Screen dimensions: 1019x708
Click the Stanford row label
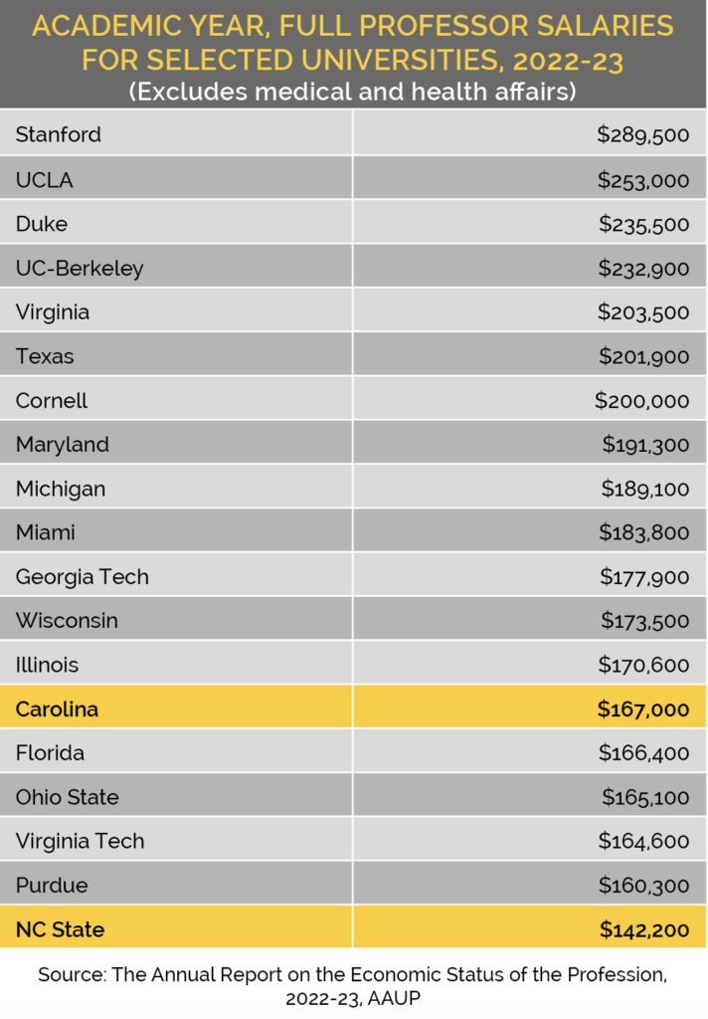(x=59, y=134)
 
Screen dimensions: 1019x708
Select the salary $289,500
(x=642, y=134)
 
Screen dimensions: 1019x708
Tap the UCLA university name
(x=45, y=180)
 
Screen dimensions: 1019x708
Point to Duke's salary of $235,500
(x=643, y=224)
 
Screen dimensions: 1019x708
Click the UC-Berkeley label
(x=80, y=268)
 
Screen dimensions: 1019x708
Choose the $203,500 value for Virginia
(x=642, y=311)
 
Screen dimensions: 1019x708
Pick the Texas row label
(x=45, y=355)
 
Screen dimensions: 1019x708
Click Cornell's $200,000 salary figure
(x=641, y=400)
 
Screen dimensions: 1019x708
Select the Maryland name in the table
(x=63, y=444)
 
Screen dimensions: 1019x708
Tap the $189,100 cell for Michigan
(x=644, y=489)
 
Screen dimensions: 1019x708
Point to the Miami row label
(x=46, y=532)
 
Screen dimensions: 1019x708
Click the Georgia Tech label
(x=83, y=576)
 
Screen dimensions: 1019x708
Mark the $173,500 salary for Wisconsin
(x=644, y=620)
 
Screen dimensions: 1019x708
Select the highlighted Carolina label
(x=57, y=710)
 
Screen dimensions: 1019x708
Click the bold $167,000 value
(x=642, y=710)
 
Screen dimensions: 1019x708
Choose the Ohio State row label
(x=68, y=797)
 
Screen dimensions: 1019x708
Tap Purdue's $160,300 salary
(x=643, y=885)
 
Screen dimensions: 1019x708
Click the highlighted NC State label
(x=60, y=930)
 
